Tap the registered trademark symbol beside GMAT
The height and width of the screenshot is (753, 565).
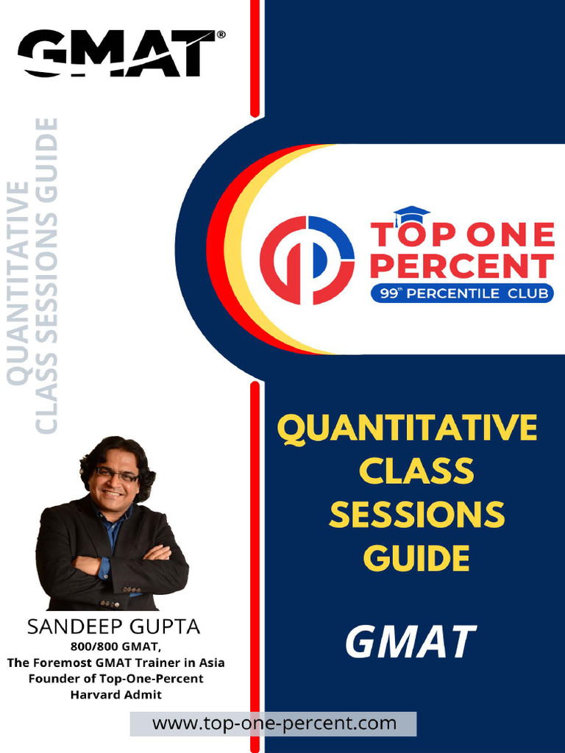click(x=221, y=35)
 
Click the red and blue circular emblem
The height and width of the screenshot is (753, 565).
click(x=308, y=260)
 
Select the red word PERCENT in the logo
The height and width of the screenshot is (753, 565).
click(x=462, y=266)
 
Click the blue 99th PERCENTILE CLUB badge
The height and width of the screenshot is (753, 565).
click(x=462, y=294)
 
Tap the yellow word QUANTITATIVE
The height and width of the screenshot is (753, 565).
click(x=407, y=429)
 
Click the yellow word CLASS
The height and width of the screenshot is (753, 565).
click(x=416, y=471)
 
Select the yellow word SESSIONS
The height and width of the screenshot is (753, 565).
click(x=416, y=515)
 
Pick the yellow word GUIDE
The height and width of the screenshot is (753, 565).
click(x=416, y=558)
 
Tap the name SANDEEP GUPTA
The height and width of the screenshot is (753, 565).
click(x=113, y=627)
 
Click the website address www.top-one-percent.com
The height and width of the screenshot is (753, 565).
click(x=274, y=724)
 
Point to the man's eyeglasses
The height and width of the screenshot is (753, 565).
click(x=116, y=474)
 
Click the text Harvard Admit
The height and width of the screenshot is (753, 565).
click(x=116, y=693)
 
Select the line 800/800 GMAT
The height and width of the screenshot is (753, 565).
click(x=116, y=647)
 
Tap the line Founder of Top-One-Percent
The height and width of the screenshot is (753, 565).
click(x=116, y=678)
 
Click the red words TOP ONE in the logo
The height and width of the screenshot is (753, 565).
click(x=462, y=235)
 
